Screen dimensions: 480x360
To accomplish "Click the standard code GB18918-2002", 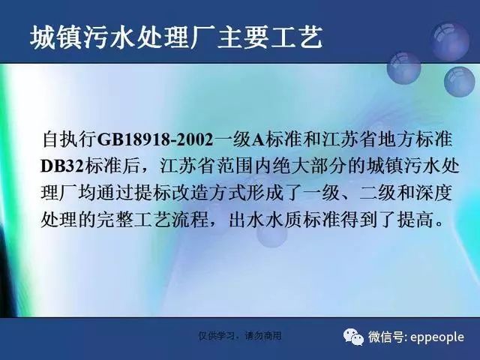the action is point(155,139).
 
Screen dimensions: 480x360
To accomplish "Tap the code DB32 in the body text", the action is point(62,166).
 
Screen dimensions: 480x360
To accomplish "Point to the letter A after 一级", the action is point(258,140).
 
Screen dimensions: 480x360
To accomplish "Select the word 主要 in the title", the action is point(243,38).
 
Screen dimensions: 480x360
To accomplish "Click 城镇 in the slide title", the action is point(56,38).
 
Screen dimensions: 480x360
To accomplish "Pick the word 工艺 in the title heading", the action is point(297,38).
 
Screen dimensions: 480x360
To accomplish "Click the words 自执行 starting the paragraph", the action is point(69,139).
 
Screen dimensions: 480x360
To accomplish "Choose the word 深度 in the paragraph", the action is point(433,193).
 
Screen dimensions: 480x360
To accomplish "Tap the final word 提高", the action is point(415,220).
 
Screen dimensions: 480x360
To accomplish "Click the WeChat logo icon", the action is point(353,337).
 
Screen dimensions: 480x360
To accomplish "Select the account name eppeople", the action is point(437,337).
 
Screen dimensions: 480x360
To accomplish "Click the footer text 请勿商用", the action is point(263,336).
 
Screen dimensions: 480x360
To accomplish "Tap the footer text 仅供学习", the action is point(217,336).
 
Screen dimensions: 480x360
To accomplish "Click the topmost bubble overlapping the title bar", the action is point(450,41).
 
